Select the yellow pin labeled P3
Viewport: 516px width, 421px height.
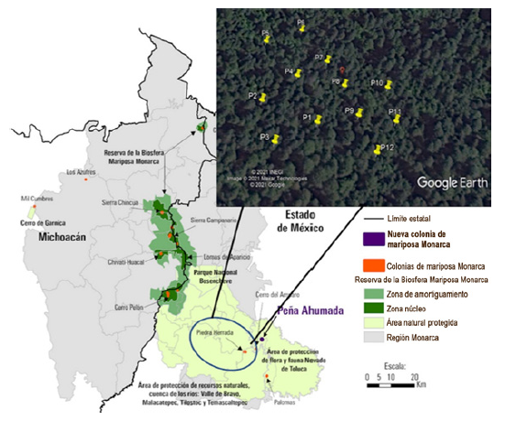tap(274, 138)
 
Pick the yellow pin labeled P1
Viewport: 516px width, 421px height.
tap(317, 118)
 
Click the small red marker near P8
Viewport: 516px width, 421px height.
tap(342, 70)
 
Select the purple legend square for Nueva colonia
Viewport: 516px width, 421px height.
tap(369, 241)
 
